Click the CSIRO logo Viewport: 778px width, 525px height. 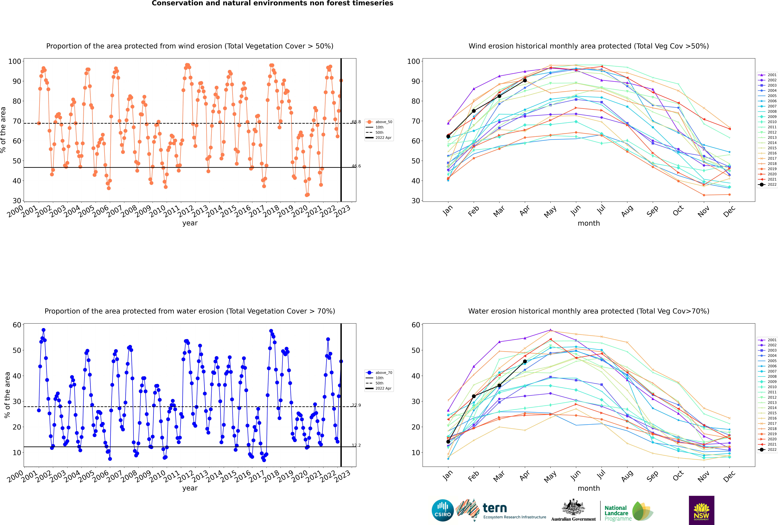tap(442, 510)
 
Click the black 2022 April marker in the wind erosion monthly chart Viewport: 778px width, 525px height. tap(525, 80)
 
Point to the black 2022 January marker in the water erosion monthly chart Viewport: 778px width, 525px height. tap(448, 442)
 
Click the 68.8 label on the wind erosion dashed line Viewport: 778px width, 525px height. tap(356, 122)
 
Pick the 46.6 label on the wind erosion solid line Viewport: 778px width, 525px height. tap(356, 166)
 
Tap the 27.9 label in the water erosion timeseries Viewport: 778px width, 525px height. tap(356, 405)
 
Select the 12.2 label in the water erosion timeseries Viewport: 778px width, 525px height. tap(356, 445)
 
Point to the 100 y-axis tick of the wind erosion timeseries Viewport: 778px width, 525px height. tap(15, 61)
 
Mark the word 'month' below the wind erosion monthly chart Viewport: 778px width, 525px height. tap(589, 223)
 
